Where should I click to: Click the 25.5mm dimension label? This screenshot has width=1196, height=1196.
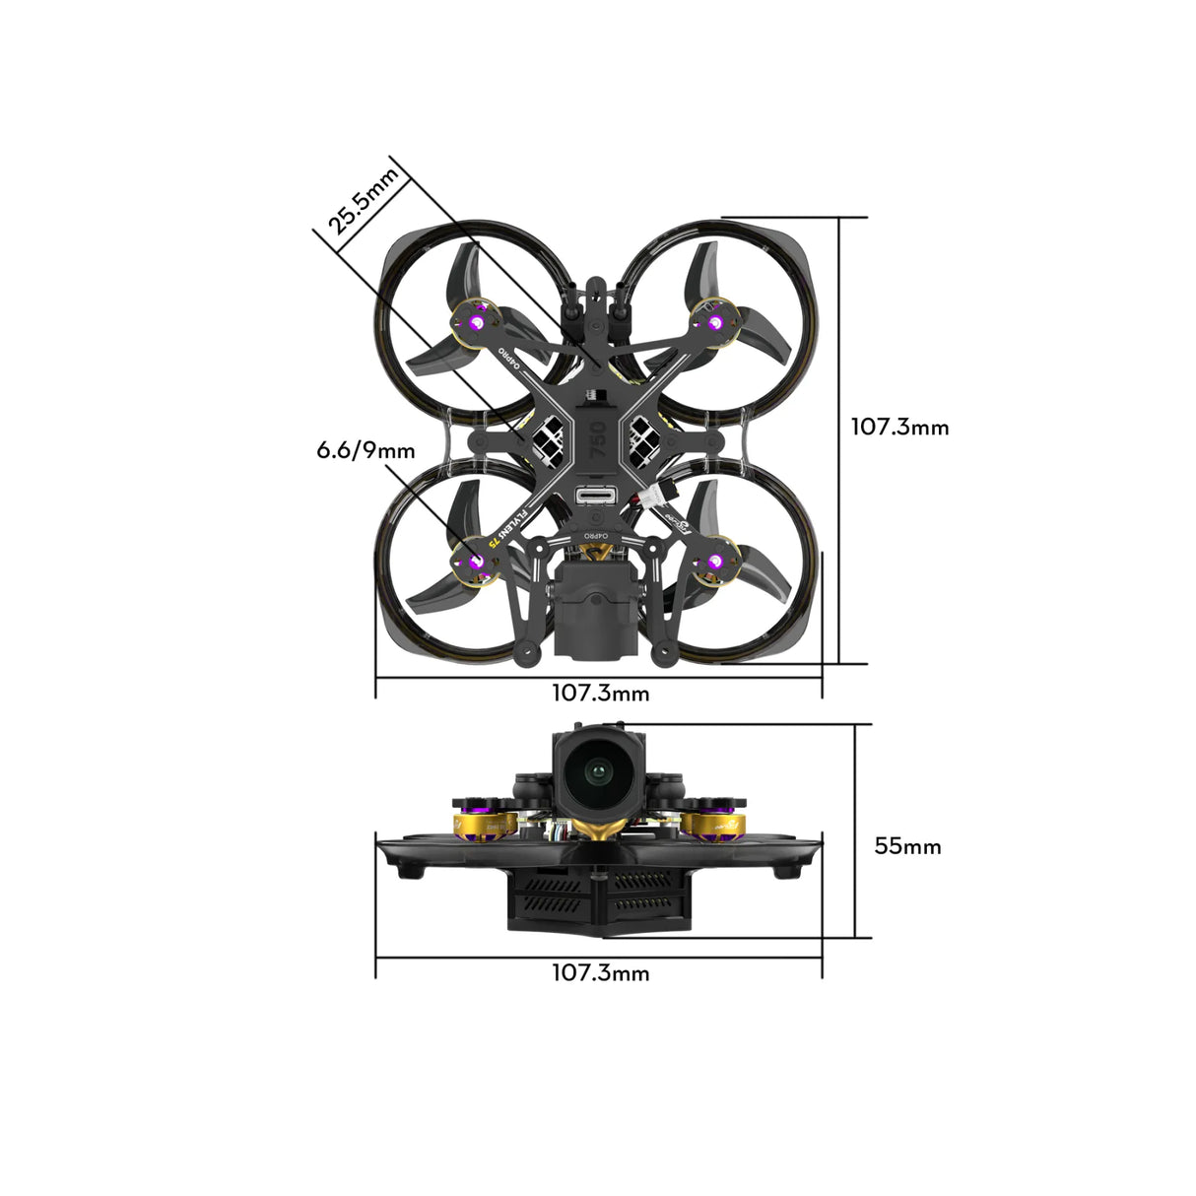coord(364,201)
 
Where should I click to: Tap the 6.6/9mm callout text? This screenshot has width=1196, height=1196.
coord(365,451)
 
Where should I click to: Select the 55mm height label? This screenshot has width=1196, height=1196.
coord(907,846)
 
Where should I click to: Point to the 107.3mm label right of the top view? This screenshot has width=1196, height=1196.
coord(899,428)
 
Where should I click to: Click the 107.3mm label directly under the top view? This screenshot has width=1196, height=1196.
coord(600,694)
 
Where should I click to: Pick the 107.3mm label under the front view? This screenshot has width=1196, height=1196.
coord(600,973)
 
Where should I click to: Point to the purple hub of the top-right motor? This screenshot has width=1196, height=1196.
coord(714,322)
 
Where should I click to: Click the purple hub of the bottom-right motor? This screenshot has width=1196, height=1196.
coord(715,563)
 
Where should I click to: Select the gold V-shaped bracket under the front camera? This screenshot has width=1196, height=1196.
coord(595,829)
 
